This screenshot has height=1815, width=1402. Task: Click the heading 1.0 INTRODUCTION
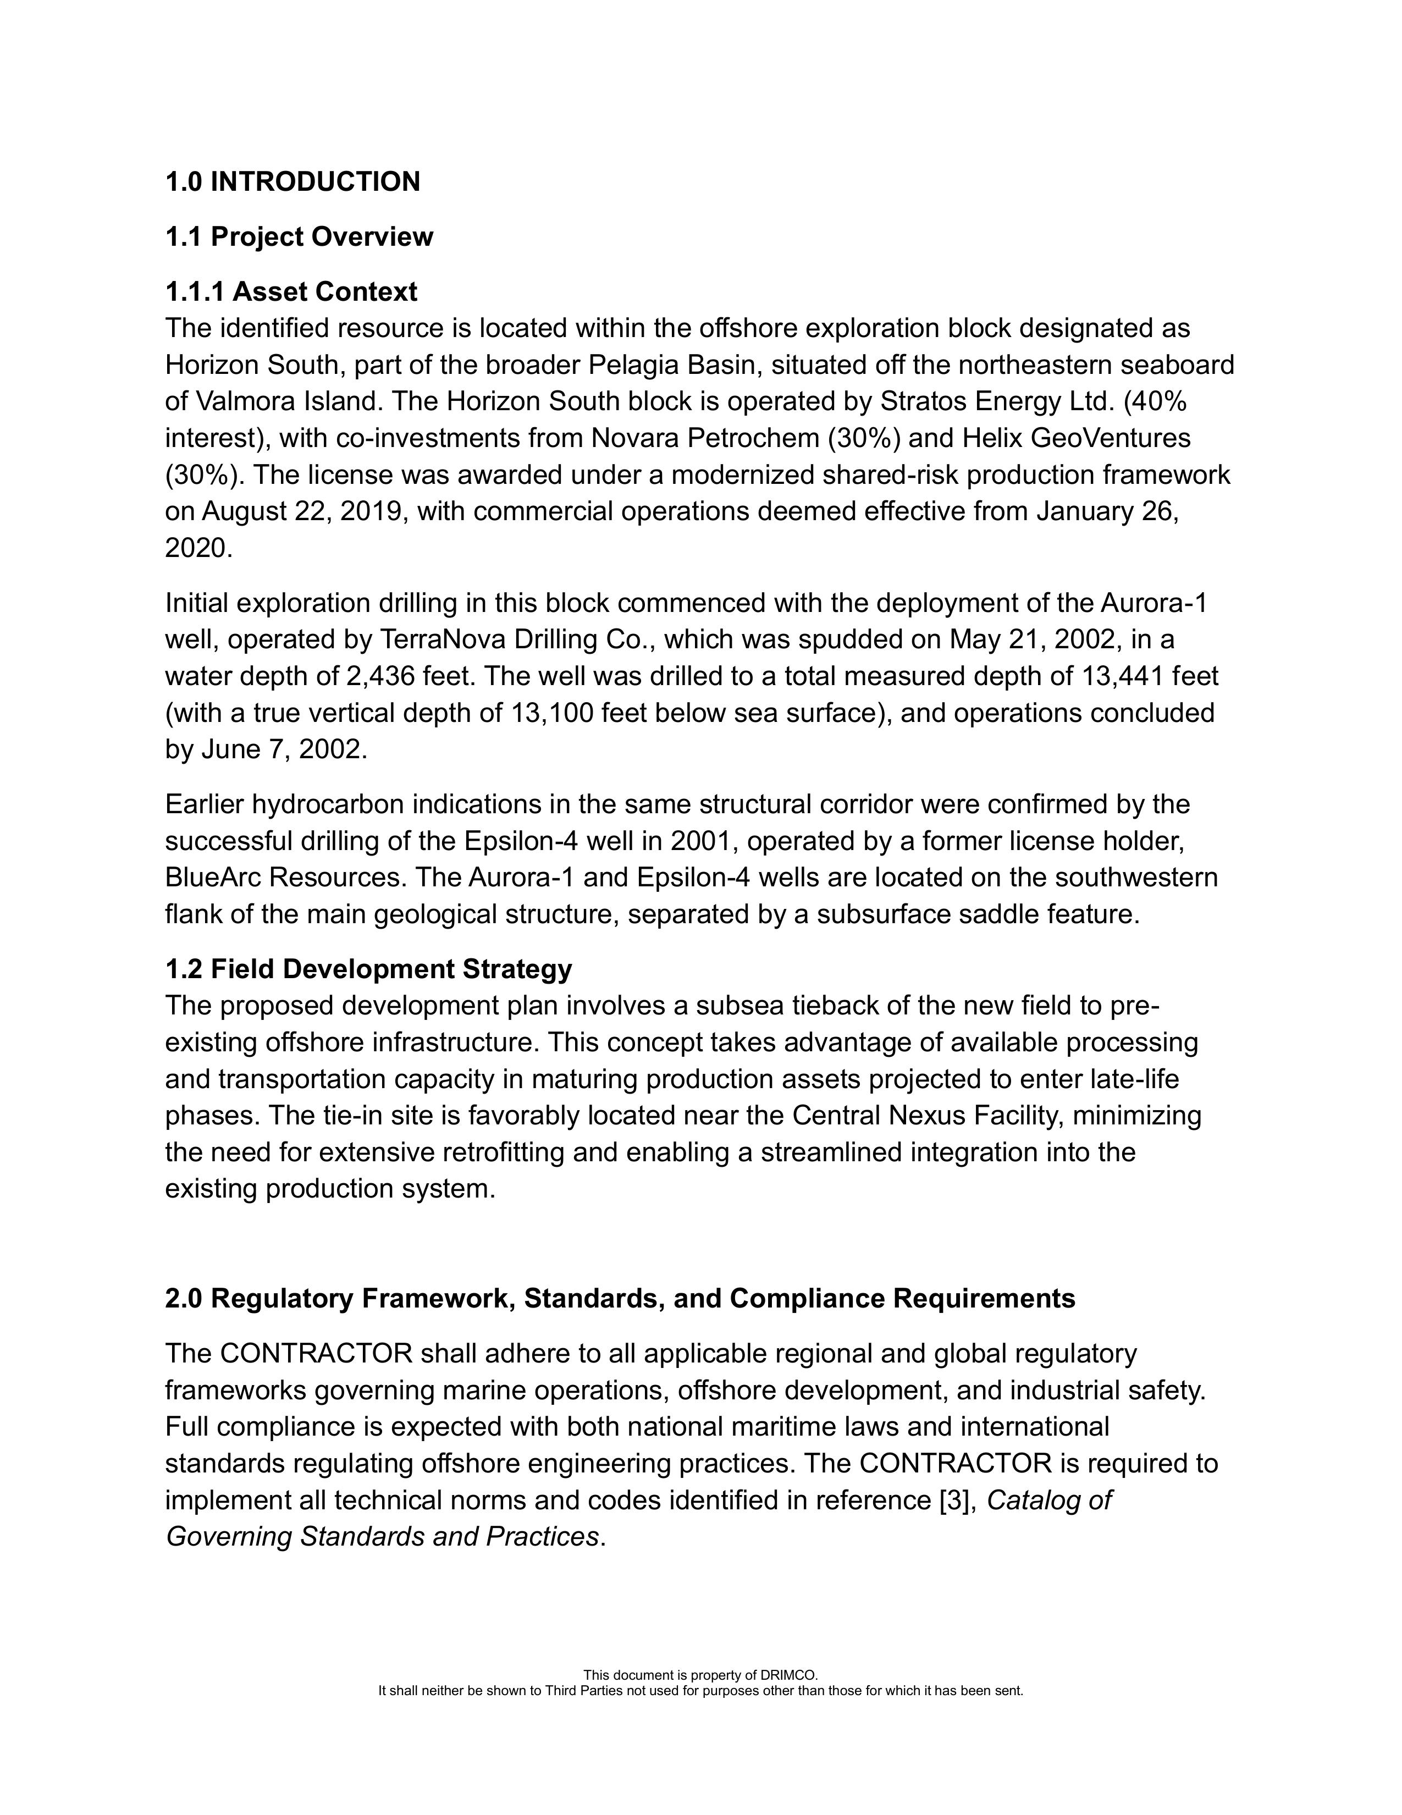coord(292,182)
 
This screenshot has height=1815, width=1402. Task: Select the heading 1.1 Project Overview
coord(299,237)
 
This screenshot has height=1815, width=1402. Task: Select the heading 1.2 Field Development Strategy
coord(369,969)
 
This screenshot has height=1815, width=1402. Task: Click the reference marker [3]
coord(954,1500)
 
